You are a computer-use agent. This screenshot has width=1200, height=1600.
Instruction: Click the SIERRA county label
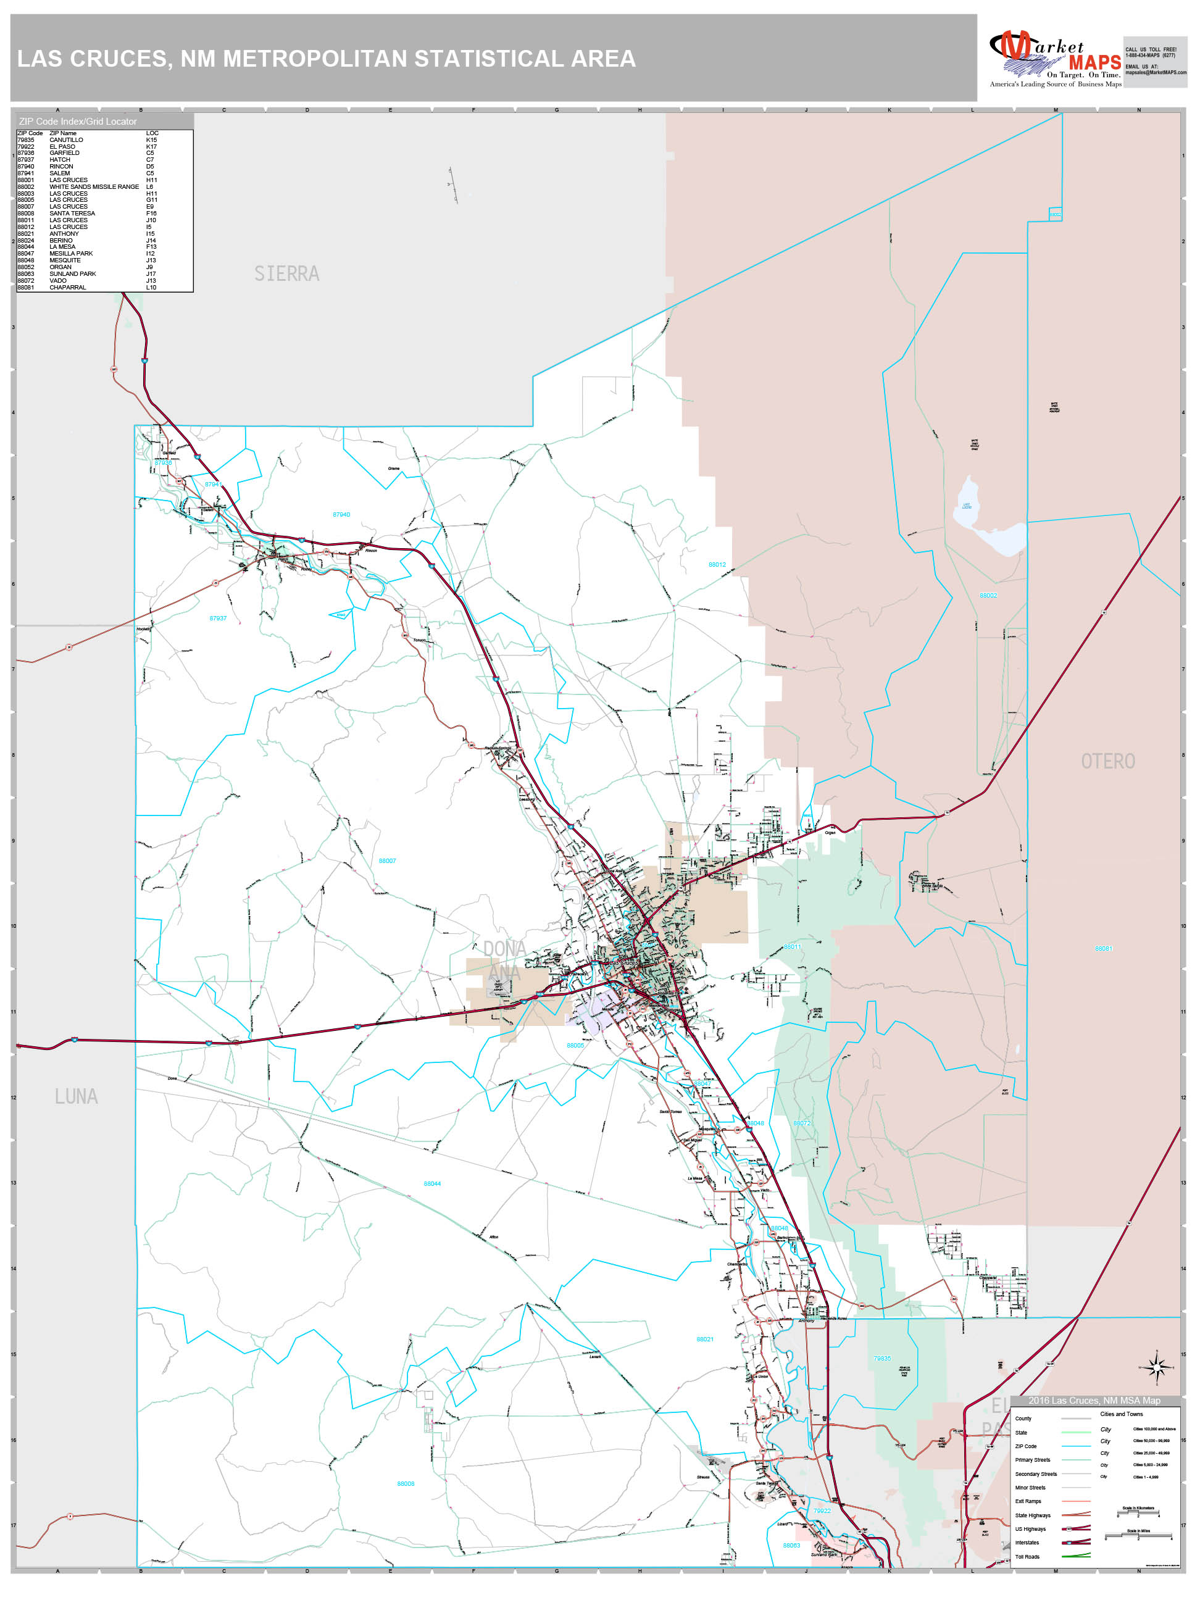pyautogui.click(x=286, y=274)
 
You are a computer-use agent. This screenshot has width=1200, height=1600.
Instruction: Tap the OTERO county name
pyautogui.click(x=1107, y=762)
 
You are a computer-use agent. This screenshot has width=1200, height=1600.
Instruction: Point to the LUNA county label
pyautogui.click(x=76, y=1096)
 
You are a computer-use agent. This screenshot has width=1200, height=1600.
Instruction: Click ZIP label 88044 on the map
pyautogui.click(x=432, y=1184)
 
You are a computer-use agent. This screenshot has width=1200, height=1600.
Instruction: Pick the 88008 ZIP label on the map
pyautogui.click(x=406, y=1483)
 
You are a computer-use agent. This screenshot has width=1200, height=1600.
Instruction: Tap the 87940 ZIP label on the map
pyautogui.click(x=341, y=515)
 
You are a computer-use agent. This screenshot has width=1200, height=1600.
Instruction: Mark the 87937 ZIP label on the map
pyautogui.click(x=218, y=619)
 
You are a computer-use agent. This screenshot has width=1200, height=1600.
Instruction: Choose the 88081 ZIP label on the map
pyautogui.click(x=1103, y=948)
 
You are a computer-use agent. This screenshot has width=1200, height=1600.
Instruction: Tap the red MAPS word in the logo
pyautogui.click(x=1094, y=63)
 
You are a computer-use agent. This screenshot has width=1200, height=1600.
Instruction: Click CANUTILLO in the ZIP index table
pyautogui.click(x=66, y=140)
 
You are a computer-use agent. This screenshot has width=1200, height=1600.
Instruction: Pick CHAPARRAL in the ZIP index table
pyautogui.click(x=67, y=288)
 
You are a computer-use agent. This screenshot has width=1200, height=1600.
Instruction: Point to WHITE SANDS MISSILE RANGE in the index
pyautogui.click(x=94, y=186)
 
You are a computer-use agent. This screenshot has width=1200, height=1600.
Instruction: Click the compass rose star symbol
pyautogui.click(x=1156, y=1367)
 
